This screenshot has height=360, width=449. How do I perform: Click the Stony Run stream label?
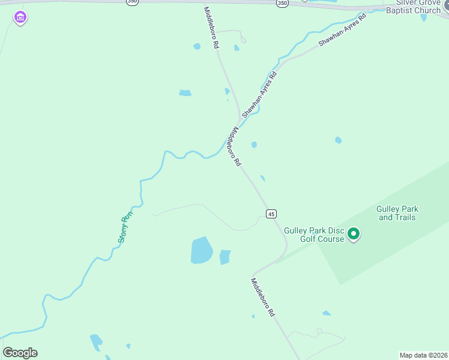tap(124, 227)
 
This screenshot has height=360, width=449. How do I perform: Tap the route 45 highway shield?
tap(271, 214)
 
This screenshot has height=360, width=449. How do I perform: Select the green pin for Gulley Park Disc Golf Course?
tap(354, 233)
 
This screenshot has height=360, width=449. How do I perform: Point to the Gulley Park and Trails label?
tap(397, 213)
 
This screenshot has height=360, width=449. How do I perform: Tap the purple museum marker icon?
tap(20, 18)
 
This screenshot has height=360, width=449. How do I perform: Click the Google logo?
tap(20, 353)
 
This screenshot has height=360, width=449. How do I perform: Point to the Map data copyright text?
tap(423, 355)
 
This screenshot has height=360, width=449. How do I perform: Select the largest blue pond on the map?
tap(202, 250)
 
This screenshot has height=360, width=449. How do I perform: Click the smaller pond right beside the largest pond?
tap(225, 257)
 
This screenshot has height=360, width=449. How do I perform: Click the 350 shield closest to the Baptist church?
tap(282, 3)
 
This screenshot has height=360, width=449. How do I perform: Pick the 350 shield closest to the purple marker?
tap(132, 2)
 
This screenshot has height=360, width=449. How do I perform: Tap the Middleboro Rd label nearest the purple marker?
tap(211, 28)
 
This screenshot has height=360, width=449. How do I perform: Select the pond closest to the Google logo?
tap(96, 343)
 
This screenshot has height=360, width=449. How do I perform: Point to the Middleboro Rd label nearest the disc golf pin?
tap(262, 298)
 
